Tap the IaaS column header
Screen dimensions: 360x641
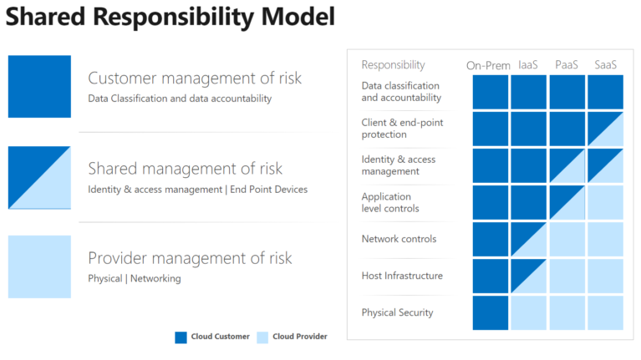528,65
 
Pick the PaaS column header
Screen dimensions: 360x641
567,65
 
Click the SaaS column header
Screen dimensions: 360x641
605,65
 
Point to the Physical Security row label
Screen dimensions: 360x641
398,313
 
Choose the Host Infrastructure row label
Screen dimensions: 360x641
402,276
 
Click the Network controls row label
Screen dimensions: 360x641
399,239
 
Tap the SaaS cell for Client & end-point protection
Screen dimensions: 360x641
605,129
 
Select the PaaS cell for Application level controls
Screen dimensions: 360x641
567,202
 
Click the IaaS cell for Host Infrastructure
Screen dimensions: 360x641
528,276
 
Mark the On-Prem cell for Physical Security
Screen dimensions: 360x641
490,312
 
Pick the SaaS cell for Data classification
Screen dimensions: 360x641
605,92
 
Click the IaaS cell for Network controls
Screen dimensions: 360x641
528,239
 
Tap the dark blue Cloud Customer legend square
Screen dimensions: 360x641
181,337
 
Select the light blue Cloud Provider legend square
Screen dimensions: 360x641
262,337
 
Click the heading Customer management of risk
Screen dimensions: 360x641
195,79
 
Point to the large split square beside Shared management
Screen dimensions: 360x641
39,178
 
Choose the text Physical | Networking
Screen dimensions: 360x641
135,279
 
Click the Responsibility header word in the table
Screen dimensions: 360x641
393,65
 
